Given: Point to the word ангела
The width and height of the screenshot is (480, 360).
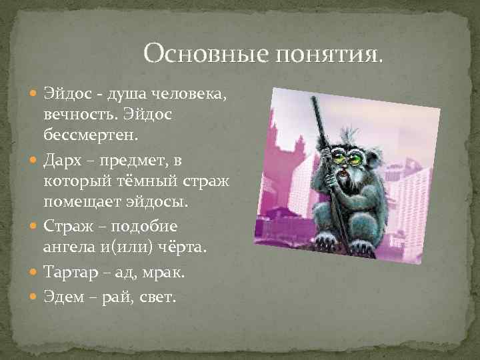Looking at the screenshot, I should tap(69, 247).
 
